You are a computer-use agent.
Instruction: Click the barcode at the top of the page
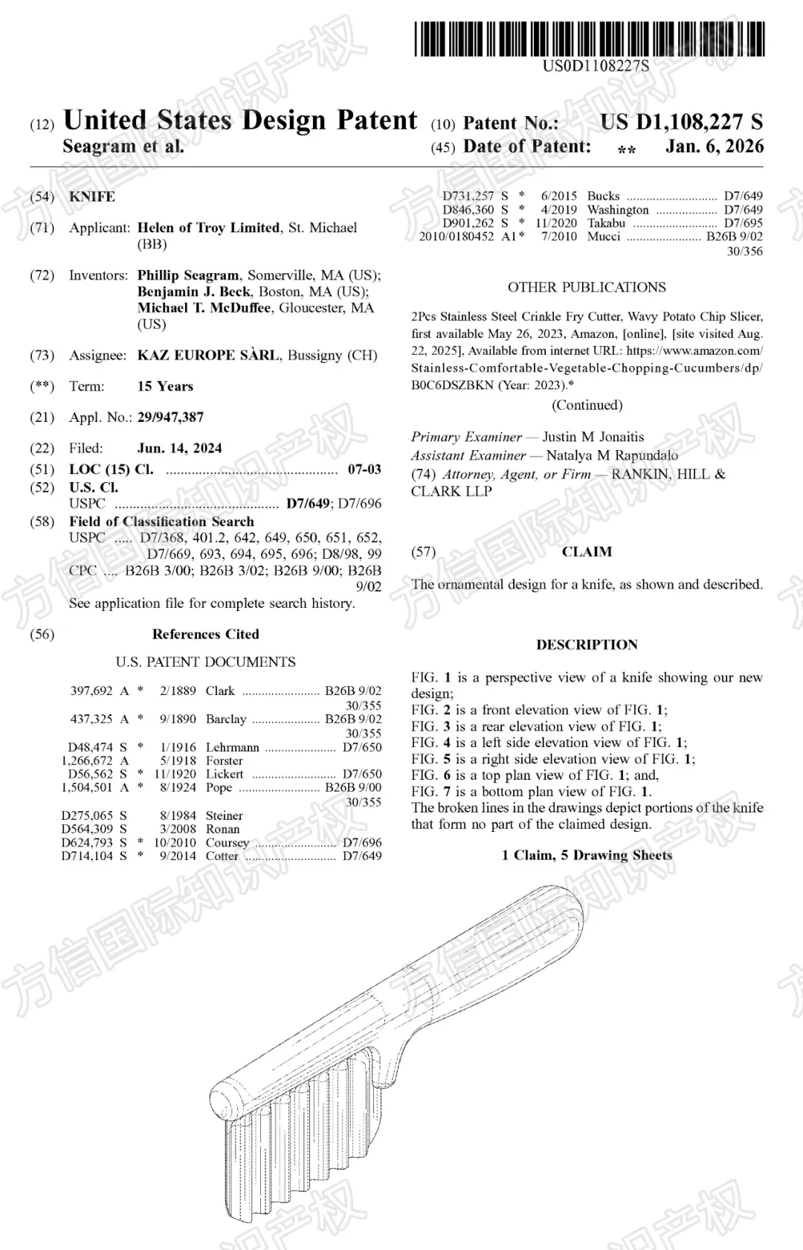coord(590,39)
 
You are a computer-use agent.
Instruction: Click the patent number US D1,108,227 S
coord(681,122)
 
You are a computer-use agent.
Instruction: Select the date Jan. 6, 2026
coord(714,147)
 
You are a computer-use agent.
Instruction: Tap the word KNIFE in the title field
coord(92,196)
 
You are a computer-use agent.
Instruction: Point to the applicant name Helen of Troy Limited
coord(208,228)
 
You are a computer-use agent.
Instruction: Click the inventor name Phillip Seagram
coord(188,275)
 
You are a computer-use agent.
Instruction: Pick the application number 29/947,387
coord(170,417)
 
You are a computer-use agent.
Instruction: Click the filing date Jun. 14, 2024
coord(179,448)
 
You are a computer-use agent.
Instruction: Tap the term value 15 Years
coord(165,386)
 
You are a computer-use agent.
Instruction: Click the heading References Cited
coord(205,635)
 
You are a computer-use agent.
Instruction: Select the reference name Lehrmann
coord(233,747)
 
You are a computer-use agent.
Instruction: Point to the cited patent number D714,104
coord(87,856)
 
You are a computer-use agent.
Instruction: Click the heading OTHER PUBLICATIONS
coord(587,287)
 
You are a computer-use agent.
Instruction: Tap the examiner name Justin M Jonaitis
coord(593,437)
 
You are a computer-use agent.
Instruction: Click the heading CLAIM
coord(587,552)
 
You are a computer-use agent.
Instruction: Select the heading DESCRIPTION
coord(587,645)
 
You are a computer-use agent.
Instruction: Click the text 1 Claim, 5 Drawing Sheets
coord(587,856)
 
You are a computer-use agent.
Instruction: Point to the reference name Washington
coord(617,210)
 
